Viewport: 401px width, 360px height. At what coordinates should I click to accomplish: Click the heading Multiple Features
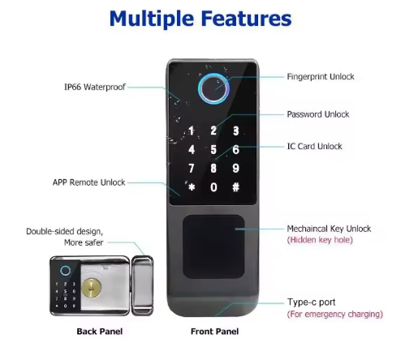coord(200,19)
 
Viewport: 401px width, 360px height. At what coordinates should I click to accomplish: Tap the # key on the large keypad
coord(236,187)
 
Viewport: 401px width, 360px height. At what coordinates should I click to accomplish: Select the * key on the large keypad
coord(192,187)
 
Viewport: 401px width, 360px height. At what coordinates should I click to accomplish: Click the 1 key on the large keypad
coord(192,131)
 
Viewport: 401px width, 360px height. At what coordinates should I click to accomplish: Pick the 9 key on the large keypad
coord(236,168)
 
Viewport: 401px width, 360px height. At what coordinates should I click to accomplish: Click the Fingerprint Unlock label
coord(321,77)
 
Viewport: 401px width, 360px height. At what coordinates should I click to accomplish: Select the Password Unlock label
coord(318,114)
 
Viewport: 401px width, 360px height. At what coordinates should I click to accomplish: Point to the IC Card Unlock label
coord(314,147)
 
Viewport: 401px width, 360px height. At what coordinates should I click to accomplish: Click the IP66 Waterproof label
coord(95,87)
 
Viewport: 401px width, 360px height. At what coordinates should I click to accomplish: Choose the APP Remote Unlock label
coord(88,182)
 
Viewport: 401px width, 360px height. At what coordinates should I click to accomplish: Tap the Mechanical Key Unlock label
coord(329,229)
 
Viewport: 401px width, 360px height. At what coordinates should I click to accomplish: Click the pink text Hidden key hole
coord(320,240)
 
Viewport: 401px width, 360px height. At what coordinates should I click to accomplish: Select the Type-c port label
coord(311,302)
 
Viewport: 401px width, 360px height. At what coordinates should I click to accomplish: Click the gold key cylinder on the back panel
coord(91,288)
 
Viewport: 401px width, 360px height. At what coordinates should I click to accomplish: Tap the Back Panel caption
coord(100,332)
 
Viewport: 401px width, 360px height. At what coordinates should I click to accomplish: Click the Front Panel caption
coord(214,332)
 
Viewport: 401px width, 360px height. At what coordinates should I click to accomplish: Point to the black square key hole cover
coord(213,246)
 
